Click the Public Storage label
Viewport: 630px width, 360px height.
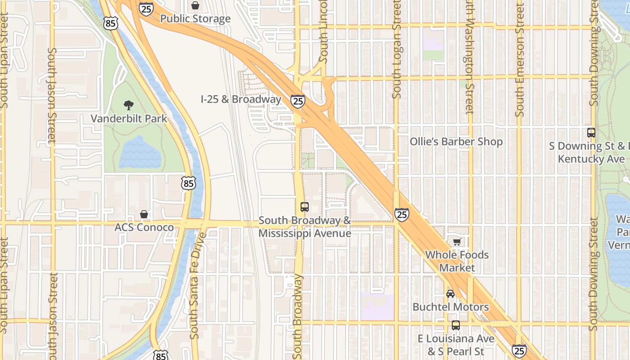click(195, 19)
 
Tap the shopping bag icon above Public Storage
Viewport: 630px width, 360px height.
click(195, 5)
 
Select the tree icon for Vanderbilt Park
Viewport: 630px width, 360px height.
click(129, 105)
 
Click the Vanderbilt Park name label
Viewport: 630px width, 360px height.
click(129, 119)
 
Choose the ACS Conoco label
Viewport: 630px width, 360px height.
click(144, 227)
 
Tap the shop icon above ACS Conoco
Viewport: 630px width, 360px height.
click(144, 214)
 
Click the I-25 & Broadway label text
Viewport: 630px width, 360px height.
click(241, 99)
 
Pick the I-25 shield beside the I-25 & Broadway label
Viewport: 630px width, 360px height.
click(297, 101)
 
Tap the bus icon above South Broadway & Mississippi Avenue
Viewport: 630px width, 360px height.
click(305, 207)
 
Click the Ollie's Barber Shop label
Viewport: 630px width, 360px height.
click(456, 142)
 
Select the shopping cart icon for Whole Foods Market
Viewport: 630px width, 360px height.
click(457, 242)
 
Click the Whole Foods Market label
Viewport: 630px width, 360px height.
click(457, 261)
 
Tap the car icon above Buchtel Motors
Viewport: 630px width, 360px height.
click(450, 294)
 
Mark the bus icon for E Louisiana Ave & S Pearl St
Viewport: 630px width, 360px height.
click(456, 325)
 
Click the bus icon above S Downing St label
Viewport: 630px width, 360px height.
click(591, 133)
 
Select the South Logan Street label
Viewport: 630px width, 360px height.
click(396, 49)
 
